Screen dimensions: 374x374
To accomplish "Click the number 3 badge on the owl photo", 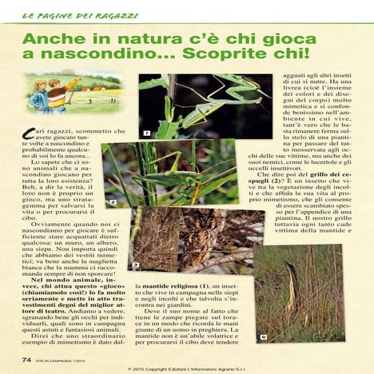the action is pos(137,267).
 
